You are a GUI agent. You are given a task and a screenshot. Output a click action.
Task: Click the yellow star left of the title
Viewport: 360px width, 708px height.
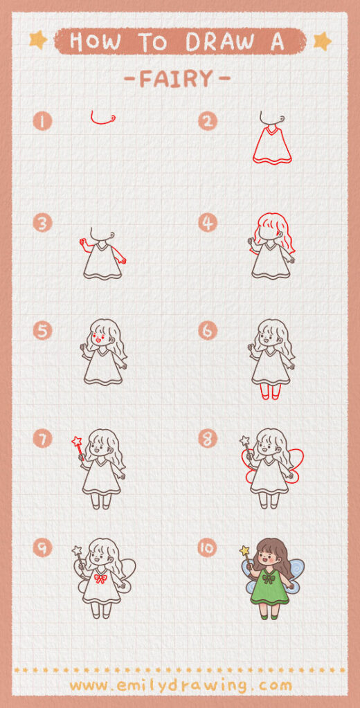pos(38,40)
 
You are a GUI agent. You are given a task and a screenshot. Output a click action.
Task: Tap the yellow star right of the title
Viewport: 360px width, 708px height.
pos(322,41)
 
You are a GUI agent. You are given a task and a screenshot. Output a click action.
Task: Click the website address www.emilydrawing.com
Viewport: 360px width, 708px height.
pos(180,685)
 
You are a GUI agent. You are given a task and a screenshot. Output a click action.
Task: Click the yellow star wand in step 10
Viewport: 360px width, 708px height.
pos(244,551)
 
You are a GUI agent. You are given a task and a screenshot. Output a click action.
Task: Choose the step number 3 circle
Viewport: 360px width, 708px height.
pos(42,223)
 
